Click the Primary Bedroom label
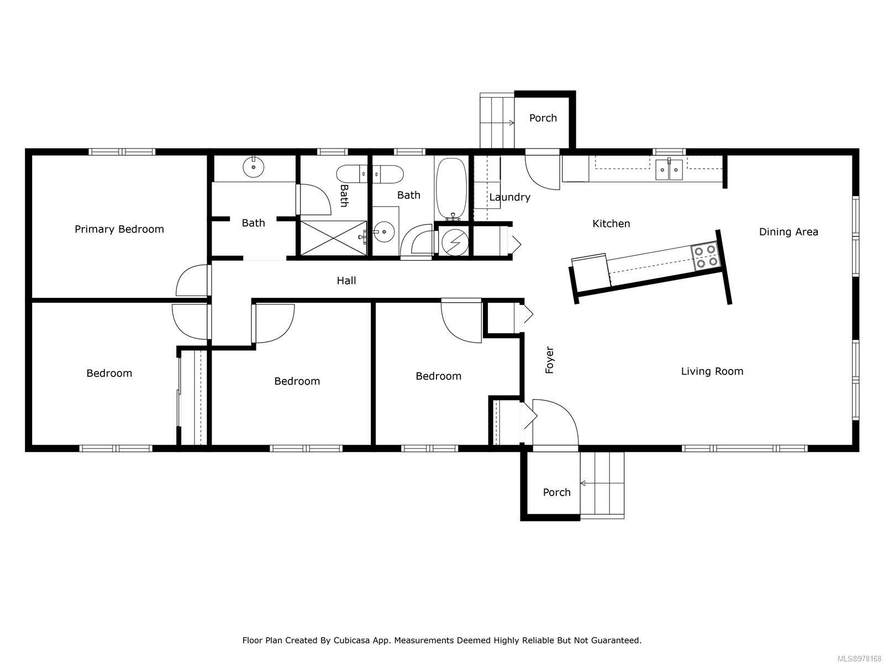tap(119, 229)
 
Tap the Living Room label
tap(712, 371)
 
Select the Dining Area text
tap(788, 232)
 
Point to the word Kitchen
tap(611, 224)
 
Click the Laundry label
tap(510, 197)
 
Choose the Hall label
tap(346, 281)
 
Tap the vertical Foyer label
tap(550, 360)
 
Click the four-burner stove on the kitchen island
tap(705, 256)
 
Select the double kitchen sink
tap(669, 170)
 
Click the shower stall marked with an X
tap(334, 238)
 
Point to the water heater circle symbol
tap(455, 242)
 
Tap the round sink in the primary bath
tap(253, 167)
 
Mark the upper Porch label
tap(543, 118)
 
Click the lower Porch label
tap(556, 492)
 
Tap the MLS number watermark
tap(860, 659)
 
